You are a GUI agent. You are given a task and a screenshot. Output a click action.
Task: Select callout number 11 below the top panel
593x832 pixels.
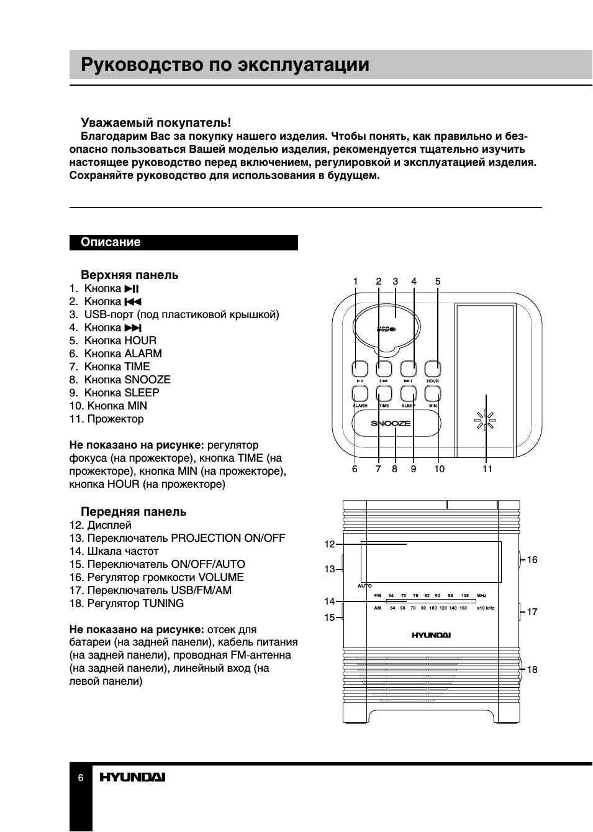[x=487, y=469]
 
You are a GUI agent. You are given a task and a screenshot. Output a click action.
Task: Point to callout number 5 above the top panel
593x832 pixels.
[x=438, y=281]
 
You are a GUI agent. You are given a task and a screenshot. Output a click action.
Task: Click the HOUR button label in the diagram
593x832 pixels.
[x=433, y=381]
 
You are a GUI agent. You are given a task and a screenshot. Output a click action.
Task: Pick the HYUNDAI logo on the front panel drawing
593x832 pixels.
[x=431, y=635]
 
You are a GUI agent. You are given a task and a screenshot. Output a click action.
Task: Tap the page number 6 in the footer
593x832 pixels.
[x=81, y=778]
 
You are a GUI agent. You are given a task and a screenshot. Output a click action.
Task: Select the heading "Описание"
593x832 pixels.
[x=111, y=242]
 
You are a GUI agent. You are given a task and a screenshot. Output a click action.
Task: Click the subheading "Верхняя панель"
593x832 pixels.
[x=129, y=275]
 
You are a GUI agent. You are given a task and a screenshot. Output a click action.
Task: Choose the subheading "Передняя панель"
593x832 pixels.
[x=134, y=512]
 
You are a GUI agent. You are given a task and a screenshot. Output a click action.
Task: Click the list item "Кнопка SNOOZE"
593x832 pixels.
[x=127, y=380]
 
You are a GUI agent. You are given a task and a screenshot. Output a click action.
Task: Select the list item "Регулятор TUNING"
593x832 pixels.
[x=135, y=603]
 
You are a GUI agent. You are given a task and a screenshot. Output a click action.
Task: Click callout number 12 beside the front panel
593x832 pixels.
[x=329, y=544]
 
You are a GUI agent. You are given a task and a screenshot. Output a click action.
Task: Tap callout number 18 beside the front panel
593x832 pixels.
[x=532, y=670]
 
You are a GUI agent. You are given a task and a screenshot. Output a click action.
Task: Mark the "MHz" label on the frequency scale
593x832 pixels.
[x=481, y=596]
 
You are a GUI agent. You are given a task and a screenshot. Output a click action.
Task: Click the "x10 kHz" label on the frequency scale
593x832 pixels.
[x=485, y=608]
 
